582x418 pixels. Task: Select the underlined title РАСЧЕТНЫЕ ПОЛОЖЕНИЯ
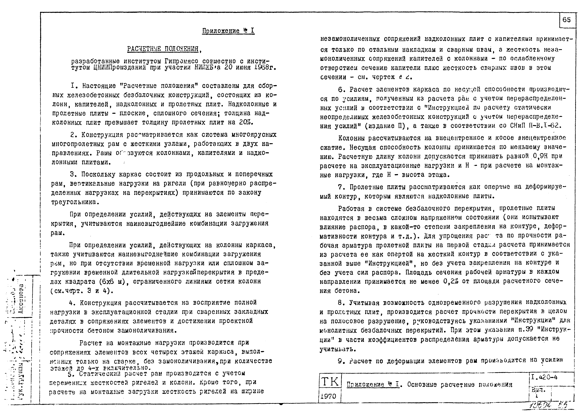point(163,49)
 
